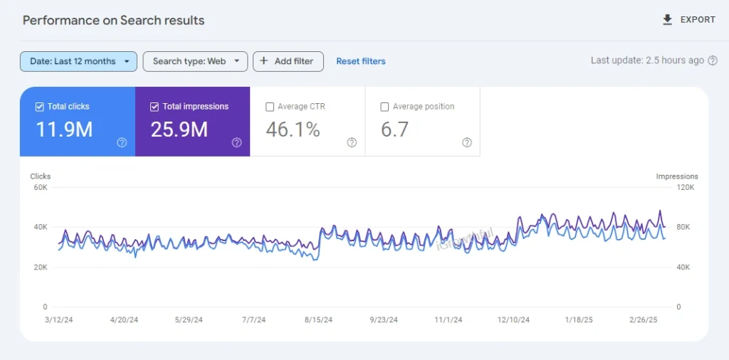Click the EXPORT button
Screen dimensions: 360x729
[x=688, y=20]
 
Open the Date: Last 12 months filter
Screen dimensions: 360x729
[x=78, y=61]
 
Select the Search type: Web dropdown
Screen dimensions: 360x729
[x=195, y=61]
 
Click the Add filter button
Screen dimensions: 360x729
[x=288, y=61]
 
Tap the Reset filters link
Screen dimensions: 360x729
[x=361, y=61]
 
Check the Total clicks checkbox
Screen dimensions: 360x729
[x=40, y=107]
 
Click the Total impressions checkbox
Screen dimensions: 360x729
[x=155, y=107]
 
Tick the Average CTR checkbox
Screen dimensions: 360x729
[x=270, y=107]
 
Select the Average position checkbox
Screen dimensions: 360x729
[x=385, y=107]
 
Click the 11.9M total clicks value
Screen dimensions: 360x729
[x=64, y=129]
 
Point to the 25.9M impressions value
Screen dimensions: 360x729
[x=179, y=129]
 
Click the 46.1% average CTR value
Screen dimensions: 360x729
[x=293, y=129]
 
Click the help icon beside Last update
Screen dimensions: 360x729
[x=712, y=61]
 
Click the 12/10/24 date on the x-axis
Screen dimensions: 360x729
[x=513, y=320]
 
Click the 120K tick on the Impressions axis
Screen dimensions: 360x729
[x=685, y=188]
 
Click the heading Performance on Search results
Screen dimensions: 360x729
[x=113, y=20]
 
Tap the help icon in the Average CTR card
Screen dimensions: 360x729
[x=352, y=142]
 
